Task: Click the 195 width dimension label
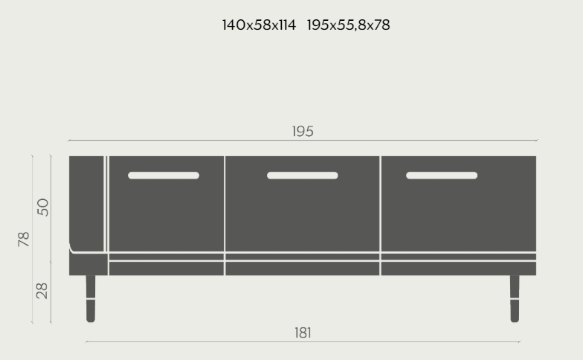[x=303, y=131]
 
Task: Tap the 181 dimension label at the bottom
[x=303, y=333]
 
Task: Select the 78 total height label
[x=24, y=240]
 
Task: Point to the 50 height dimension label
[x=43, y=207]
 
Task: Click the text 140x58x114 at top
[x=259, y=25]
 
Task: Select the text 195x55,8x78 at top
[x=348, y=25]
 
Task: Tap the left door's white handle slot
[x=164, y=176]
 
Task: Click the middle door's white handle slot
[x=302, y=176]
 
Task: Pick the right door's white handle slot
[x=442, y=176]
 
